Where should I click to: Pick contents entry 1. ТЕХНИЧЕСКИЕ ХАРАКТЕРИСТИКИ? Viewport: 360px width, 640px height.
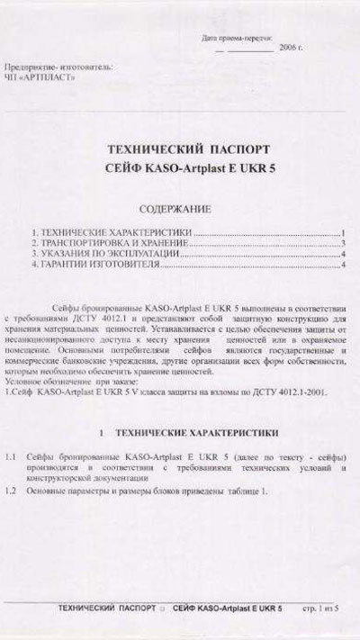pyautogui.click(x=112, y=233)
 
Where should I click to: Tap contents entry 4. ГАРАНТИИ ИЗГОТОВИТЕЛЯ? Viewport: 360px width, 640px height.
pyautogui.click(x=97, y=266)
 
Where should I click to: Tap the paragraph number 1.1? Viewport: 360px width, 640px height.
pyautogui.click(x=12, y=458)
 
